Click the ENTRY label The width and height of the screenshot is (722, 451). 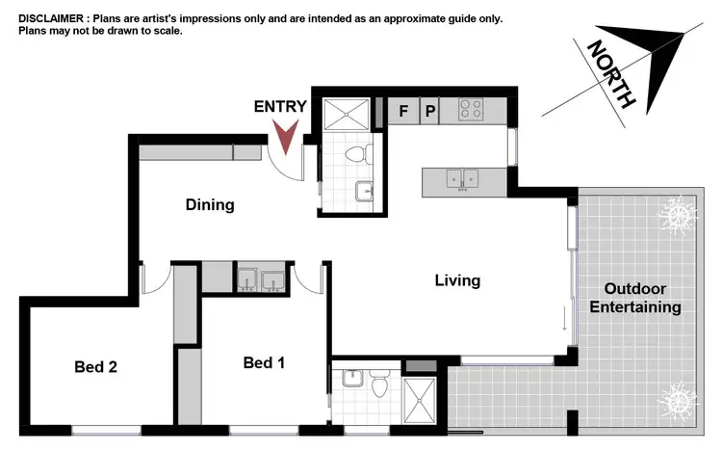(280, 107)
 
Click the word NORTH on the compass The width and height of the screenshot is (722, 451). (610, 73)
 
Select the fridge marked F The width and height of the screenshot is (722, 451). (404, 111)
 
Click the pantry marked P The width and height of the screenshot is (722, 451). (430, 111)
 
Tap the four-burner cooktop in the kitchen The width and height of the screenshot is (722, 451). (471, 110)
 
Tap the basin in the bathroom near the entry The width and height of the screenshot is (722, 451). (364, 191)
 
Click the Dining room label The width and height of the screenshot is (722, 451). (210, 204)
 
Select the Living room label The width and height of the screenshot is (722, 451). (457, 280)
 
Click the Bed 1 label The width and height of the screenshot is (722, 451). (264, 363)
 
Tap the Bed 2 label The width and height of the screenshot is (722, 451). (96, 366)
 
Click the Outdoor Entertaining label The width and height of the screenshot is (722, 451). (642, 298)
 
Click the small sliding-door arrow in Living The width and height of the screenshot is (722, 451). (565, 319)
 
